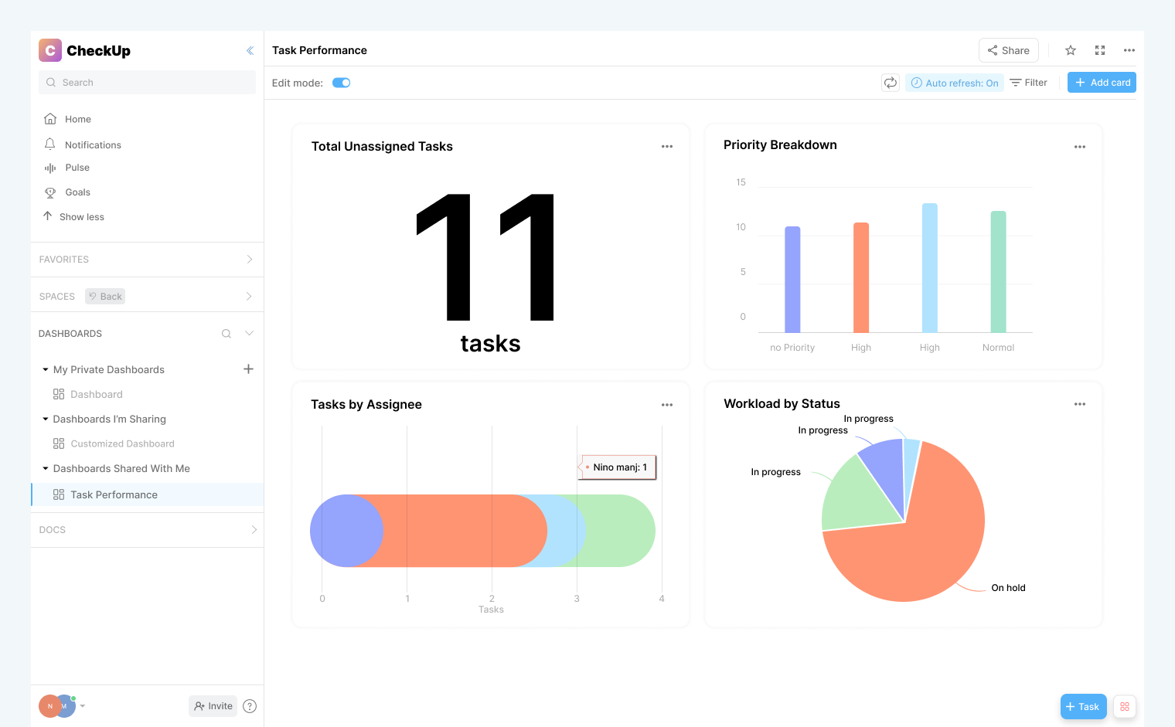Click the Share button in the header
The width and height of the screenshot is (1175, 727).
point(1008,50)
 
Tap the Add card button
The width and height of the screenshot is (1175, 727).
point(1102,83)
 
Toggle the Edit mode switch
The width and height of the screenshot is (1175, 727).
point(341,83)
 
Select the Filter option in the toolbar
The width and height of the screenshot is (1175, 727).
point(1029,83)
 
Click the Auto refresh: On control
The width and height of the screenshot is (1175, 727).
point(955,83)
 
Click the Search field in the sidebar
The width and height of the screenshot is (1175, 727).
point(147,83)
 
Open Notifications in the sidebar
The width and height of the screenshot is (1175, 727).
point(93,145)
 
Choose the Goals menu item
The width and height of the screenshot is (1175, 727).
point(77,192)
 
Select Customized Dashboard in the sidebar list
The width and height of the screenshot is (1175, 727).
point(122,443)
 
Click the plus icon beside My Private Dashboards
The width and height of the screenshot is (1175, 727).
point(248,369)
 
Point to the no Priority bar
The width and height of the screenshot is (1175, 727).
point(792,280)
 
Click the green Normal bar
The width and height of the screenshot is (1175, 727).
point(998,272)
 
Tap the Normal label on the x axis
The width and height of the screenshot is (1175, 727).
point(998,348)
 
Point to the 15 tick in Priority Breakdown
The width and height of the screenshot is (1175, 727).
point(741,182)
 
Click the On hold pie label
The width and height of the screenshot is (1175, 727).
point(1008,588)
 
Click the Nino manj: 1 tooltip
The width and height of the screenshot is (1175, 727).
point(618,467)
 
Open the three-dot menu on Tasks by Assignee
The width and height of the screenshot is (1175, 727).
point(667,405)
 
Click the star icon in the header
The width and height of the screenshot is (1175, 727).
point(1071,50)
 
